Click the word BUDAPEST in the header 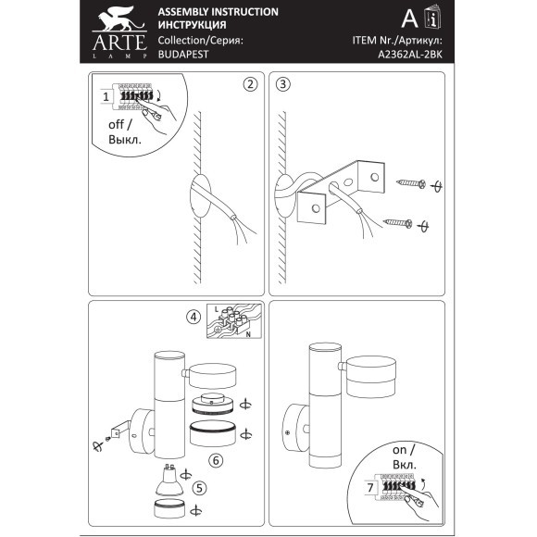[183, 55]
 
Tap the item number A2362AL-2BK [410, 55]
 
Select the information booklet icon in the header [432, 17]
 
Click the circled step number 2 [250, 84]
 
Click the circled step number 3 [283, 84]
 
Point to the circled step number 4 [194, 317]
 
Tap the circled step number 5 [200, 488]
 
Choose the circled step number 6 [216, 460]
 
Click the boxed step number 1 [106, 96]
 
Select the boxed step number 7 [370, 487]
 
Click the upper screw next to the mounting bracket [411, 183]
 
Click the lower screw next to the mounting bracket [397, 223]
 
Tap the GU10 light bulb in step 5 [167, 480]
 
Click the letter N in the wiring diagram [248, 334]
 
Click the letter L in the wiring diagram [216, 309]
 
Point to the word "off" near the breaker [116, 124]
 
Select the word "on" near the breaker [399, 450]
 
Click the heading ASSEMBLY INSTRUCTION [219, 12]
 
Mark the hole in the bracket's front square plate [316, 208]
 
